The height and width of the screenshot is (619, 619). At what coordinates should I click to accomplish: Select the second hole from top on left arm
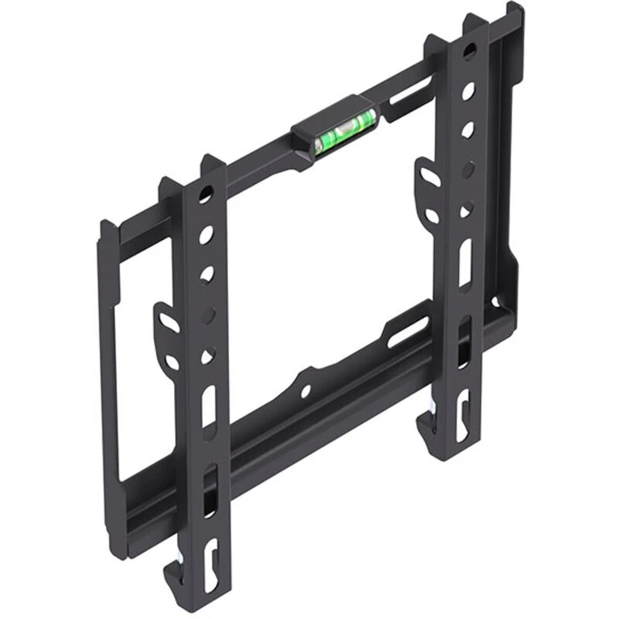206,235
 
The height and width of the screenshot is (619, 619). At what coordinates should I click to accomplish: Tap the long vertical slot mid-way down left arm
209,407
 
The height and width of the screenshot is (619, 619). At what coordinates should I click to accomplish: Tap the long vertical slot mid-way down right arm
465,262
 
